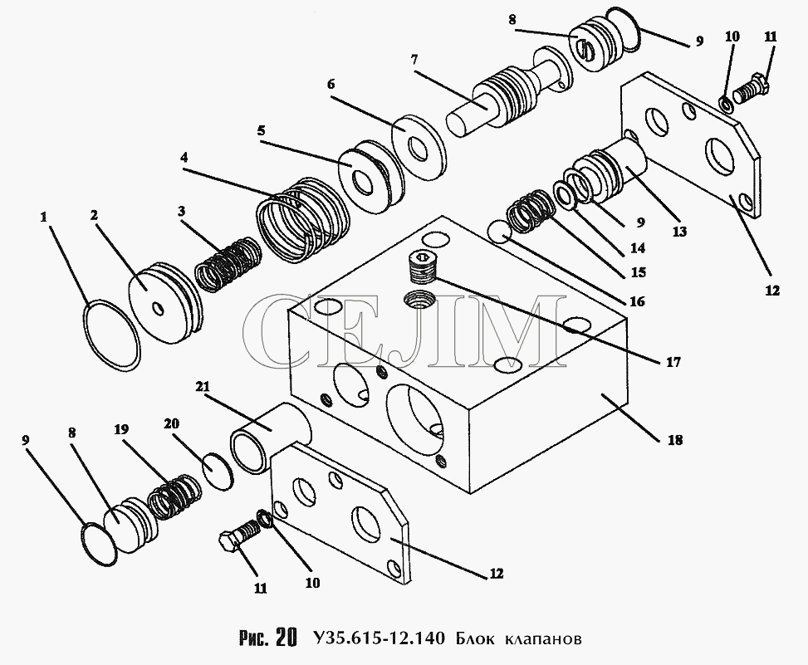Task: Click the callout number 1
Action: [x=44, y=218]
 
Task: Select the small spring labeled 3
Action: [x=228, y=264]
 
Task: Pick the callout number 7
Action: [x=414, y=60]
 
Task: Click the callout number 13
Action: [x=679, y=232]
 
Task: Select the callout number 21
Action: [x=202, y=387]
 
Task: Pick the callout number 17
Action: [x=673, y=362]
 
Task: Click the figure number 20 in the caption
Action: [x=286, y=638]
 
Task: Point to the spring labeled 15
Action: [x=531, y=210]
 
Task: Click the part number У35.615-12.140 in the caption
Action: [x=378, y=639]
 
